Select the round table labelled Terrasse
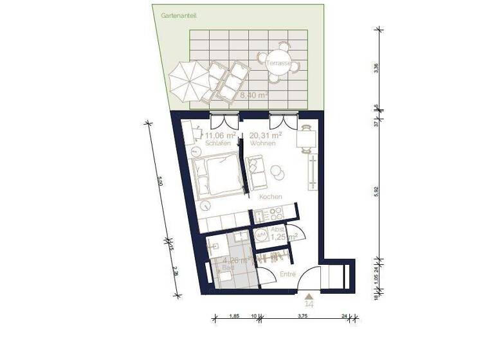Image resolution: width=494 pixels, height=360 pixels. pyautogui.click(x=279, y=62)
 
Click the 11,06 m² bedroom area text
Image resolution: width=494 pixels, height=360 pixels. pyautogui.click(x=219, y=136)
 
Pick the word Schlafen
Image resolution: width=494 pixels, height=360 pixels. pyautogui.click(x=218, y=145)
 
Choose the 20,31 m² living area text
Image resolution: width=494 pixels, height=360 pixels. pyautogui.click(x=266, y=136)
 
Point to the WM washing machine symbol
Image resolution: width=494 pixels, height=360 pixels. pyautogui.click(x=261, y=236)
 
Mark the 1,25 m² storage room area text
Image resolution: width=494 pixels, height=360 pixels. pyautogui.click(x=283, y=237)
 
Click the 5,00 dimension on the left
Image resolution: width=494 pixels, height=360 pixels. pyautogui.click(x=160, y=183)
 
